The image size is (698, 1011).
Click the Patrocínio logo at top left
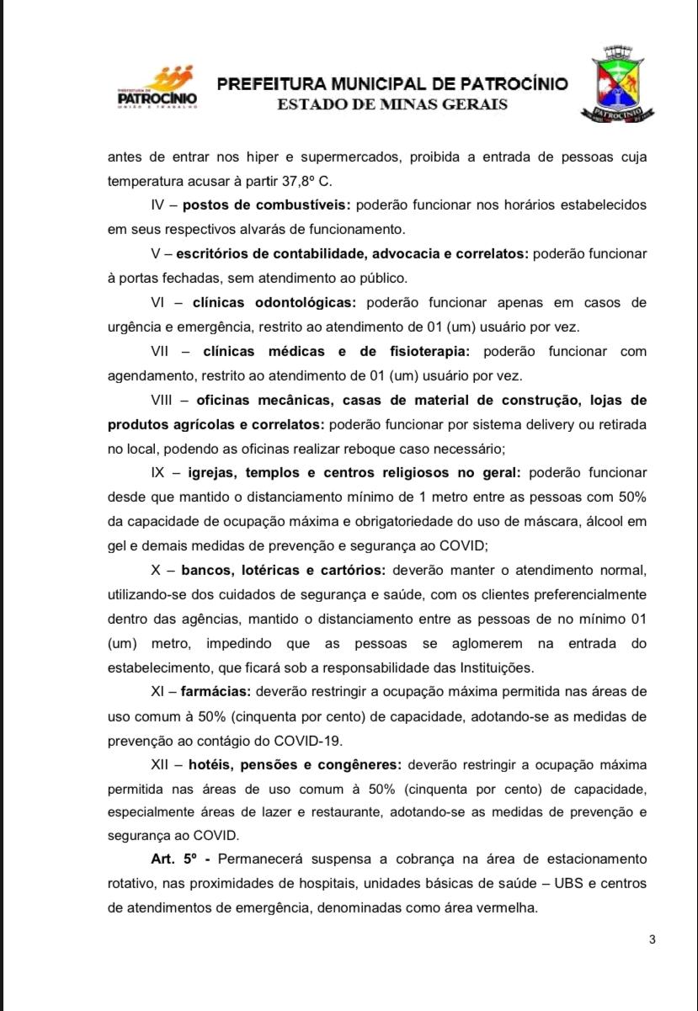[157, 88]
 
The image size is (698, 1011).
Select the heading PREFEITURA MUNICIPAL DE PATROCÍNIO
[392, 84]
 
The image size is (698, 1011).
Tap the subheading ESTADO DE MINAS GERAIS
[392, 104]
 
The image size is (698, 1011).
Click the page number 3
[652, 939]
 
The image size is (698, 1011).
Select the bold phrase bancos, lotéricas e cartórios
[283, 570]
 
